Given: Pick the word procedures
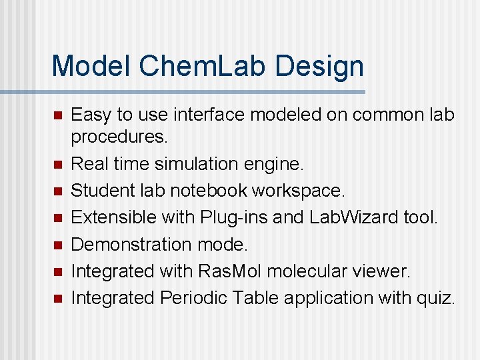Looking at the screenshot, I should [x=119, y=137].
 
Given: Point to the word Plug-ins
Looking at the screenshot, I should [x=231, y=217].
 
